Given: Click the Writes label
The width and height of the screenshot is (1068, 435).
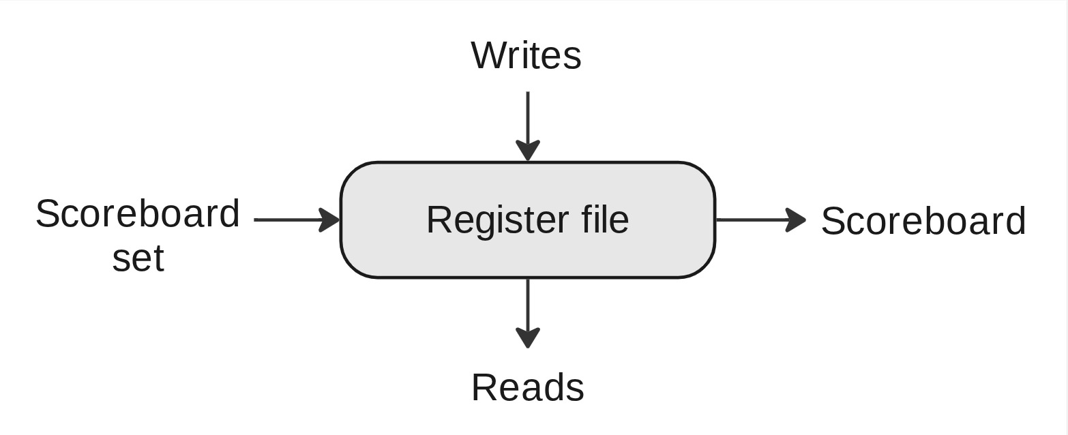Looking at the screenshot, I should [526, 55].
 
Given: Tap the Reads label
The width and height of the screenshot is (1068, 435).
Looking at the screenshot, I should [527, 388].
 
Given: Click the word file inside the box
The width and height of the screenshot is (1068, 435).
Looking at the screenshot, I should [605, 220].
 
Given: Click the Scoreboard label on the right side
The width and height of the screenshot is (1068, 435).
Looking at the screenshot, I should [923, 222].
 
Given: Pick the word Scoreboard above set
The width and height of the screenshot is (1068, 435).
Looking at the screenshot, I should [138, 214].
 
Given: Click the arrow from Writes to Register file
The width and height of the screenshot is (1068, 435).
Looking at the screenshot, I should [528, 119].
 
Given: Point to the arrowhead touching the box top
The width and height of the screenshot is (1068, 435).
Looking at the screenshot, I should [528, 151].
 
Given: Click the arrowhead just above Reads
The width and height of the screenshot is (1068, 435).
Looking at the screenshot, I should [528, 338].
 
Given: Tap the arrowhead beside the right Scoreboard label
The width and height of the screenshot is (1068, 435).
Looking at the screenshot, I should [796, 220].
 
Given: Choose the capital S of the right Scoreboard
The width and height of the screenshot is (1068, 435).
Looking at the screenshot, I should [833, 222].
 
